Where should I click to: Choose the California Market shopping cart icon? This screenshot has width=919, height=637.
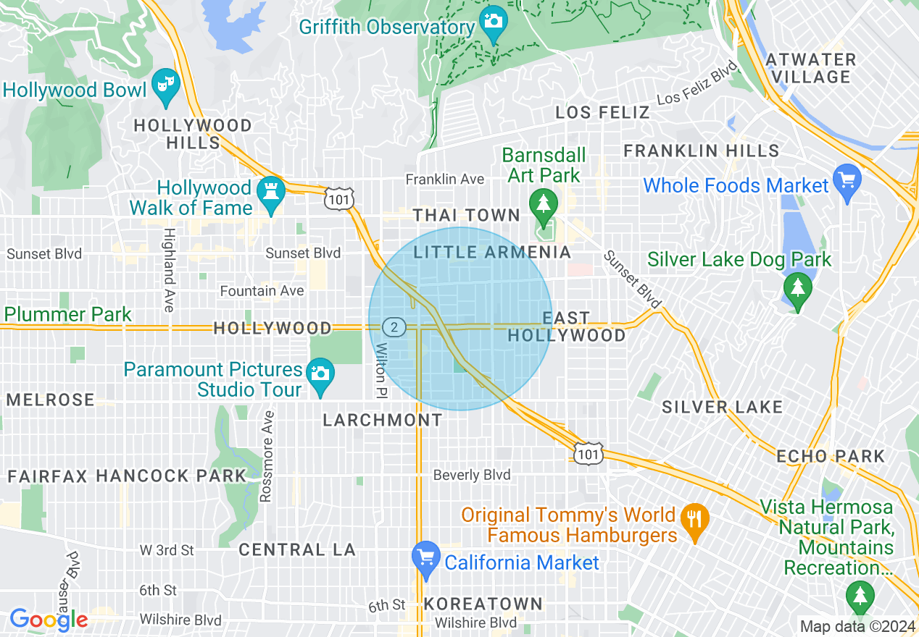tap(426, 559)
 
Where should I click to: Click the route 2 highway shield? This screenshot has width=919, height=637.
tap(394, 327)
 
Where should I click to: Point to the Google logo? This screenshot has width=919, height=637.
tap(49, 619)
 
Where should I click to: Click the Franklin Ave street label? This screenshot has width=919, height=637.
tap(444, 179)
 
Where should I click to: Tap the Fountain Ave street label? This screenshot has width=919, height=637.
tap(262, 291)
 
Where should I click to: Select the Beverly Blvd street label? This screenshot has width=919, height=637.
tap(472, 475)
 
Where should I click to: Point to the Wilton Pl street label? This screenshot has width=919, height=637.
tap(381, 370)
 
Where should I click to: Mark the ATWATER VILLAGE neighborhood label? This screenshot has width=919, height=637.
tap(811, 68)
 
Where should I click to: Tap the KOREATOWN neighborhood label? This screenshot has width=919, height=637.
tap(483, 604)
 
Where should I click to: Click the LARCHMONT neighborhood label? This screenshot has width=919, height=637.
tap(382, 420)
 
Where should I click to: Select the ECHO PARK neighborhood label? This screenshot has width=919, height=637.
tap(831, 456)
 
